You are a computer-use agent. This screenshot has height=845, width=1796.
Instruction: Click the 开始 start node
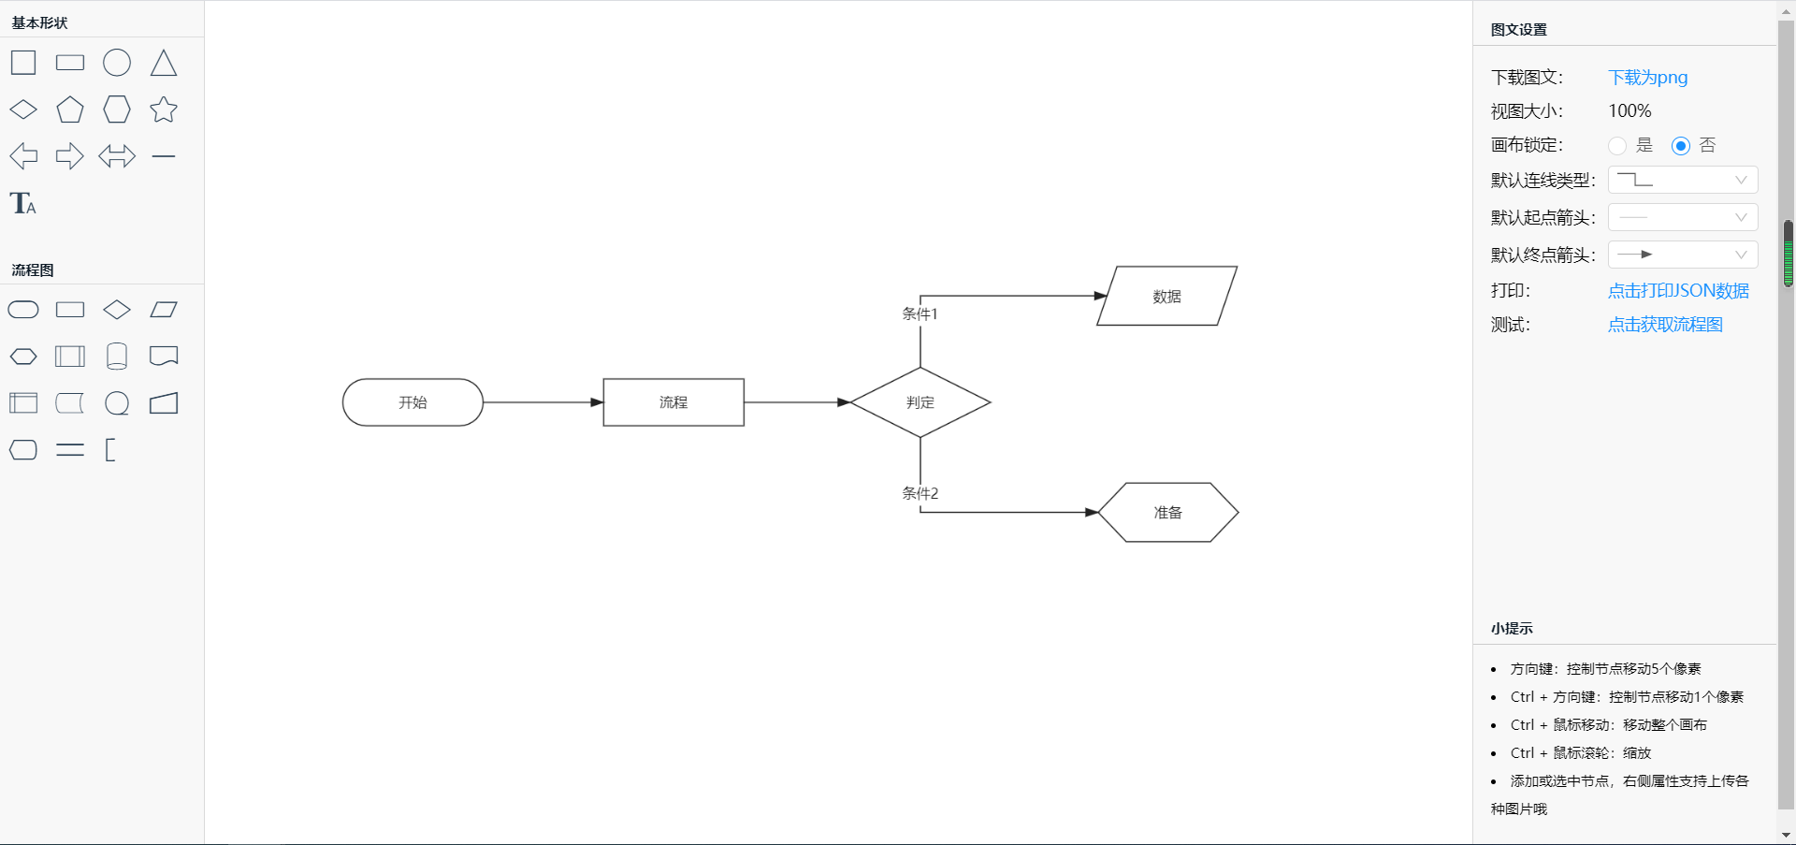pyautogui.click(x=413, y=402)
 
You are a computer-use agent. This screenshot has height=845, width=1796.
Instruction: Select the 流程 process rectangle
pyautogui.click(x=673, y=402)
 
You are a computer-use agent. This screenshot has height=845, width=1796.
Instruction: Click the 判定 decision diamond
pyautogui.click(x=920, y=402)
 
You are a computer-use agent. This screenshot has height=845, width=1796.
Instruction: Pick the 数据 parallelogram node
pyautogui.click(x=1166, y=296)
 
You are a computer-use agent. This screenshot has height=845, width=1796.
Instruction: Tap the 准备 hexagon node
pyautogui.click(x=1168, y=513)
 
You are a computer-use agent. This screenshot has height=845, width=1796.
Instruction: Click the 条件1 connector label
pyautogui.click(x=920, y=314)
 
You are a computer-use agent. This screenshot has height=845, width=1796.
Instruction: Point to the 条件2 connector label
pyautogui.click(x=920, y=493)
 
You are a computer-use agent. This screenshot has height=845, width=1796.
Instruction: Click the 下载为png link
pyautogui.click(x=1647, y=78)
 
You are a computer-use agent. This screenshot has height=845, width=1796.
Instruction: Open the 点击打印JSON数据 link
pyautogui.click(x=1678, y=291)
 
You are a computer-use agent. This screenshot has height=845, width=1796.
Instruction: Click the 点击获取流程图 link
pyautogui.click(x=1665, y=325)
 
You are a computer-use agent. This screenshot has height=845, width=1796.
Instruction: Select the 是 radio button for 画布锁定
pyautogui.click(x=1617, y=146)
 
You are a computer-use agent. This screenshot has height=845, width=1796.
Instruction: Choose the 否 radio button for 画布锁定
pyautogui.click(x=1681, y=146)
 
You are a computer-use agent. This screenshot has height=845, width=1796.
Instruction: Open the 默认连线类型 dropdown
pyautogui.click(x=1683, y=180)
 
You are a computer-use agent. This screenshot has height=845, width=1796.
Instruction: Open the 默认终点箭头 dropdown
pyautogui.click(x=1683, y=255)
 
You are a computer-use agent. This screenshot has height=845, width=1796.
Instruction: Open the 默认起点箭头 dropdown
pyautogui.click(x=1683, y=217)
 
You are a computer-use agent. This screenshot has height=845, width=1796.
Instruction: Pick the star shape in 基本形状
pyautogui.click(x=164, y=109)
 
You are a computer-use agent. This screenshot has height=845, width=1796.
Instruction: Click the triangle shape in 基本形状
pyautogui.click(x=164, y=63)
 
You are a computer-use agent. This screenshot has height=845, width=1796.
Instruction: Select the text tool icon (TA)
pyautogui.click(x=23, y=203)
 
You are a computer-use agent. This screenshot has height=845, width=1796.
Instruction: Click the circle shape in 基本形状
pyautogui.click(x=117, y=63)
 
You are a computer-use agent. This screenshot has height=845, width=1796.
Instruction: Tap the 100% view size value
pyautogui.click(x=1629, y=111)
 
